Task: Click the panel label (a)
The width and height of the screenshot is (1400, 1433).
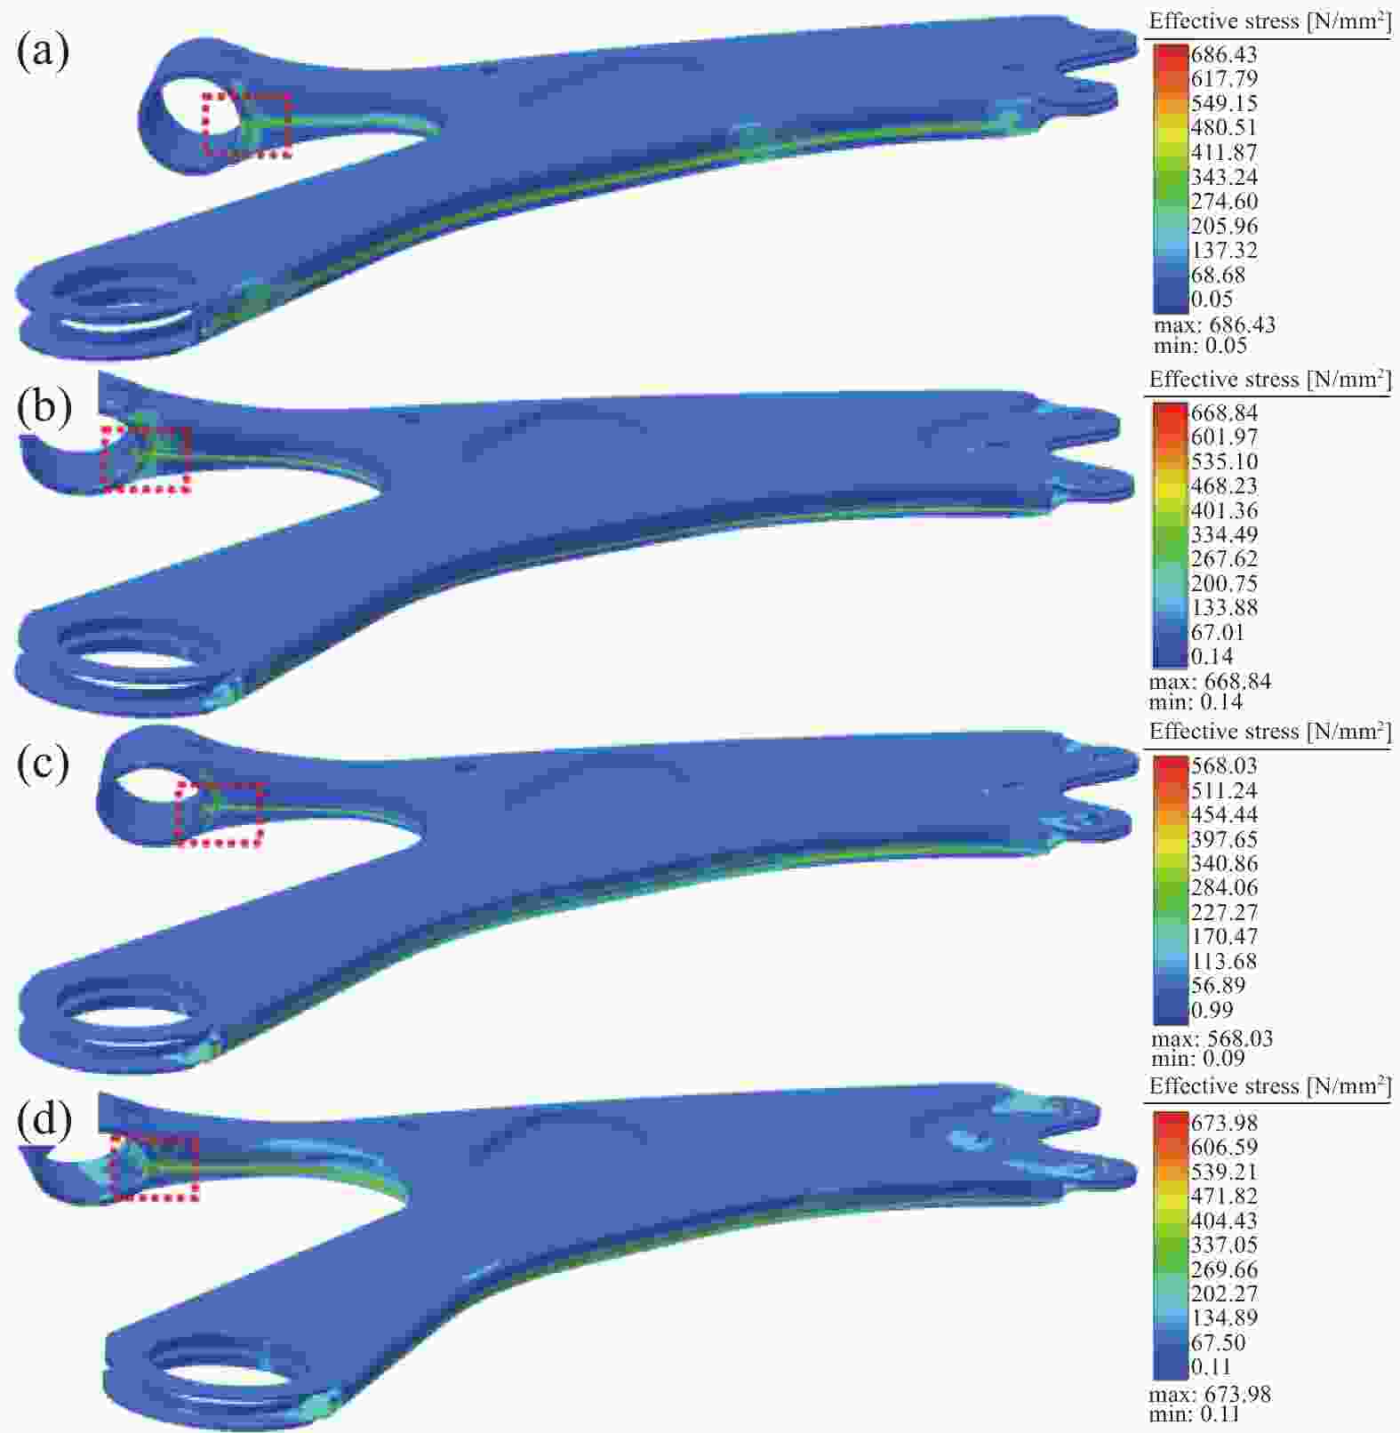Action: pyautogui.click(x=42, y=52)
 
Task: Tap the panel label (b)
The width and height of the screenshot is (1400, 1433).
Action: pyautogui.click(x=44, y=405)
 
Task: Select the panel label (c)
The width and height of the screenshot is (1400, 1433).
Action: pyautogui.click(x=42, y=763)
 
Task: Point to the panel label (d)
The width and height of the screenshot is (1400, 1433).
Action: pyautogui.click(x=44, y=1118)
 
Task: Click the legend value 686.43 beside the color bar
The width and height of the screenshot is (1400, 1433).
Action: pyautogui.click(x=1224, y=55)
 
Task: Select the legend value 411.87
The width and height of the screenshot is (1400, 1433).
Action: pyautogui.click(x=1224, y=152)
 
